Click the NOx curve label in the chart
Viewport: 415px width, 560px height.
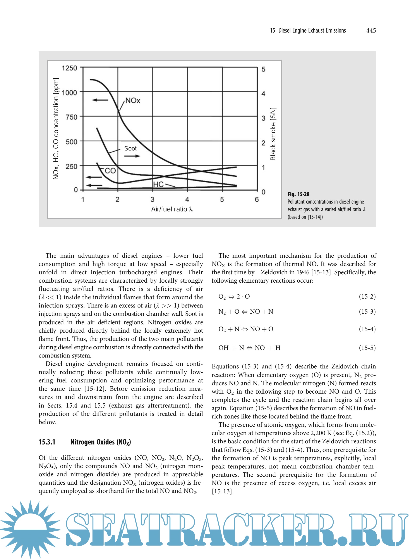[133, 101]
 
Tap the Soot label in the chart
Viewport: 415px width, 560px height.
[130, 148]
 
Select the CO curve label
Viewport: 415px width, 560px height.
[110, 171]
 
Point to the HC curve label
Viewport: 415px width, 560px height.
[158, 184]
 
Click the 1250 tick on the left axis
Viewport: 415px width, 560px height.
[69, 68]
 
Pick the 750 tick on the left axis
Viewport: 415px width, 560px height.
[71, 117]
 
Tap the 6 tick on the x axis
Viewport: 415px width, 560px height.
[257, 199]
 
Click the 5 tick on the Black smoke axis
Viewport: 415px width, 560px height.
[263, 69]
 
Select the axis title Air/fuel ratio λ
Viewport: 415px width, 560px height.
[172, 209]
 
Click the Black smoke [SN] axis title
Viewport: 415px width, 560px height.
[273, 134]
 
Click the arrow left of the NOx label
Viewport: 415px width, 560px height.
[100, 100]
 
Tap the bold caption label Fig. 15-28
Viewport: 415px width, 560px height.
[298, 194]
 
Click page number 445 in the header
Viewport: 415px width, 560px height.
[371, 30]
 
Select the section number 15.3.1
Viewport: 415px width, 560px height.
[47, 442]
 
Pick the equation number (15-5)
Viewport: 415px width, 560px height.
[367, 348]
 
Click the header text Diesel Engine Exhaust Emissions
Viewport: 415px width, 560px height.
[312, 30]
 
